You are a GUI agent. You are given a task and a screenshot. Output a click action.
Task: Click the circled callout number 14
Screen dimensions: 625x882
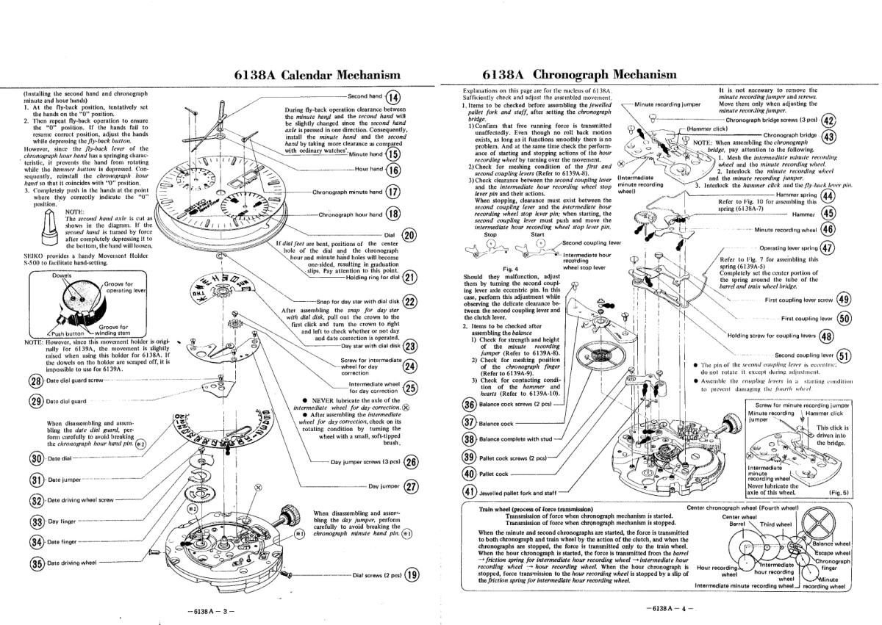click(x=393, y=97)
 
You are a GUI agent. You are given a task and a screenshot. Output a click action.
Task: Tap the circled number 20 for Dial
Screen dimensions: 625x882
click(x=410, y=235)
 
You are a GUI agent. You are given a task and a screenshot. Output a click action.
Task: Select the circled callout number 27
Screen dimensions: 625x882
click(x=411, y=486)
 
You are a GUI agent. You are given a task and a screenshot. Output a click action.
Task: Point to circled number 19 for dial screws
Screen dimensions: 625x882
click(x=413, y=575)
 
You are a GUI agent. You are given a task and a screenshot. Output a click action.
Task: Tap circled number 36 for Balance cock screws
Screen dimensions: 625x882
click(x=469, y=405)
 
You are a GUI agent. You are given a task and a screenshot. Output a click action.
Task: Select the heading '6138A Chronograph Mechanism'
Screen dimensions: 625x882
click(x=580, y=75)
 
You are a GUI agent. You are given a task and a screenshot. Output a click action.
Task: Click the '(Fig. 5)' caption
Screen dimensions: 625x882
click(x=838, y=493)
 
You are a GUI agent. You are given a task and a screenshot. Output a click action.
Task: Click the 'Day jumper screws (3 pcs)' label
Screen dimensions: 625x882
click(x=364, y=462)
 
